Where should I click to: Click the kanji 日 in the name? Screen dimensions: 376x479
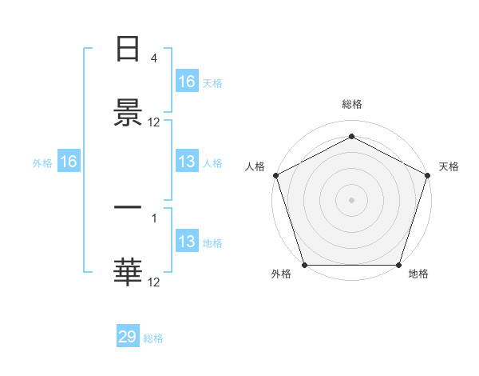point(128,50)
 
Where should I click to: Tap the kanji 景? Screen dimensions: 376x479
point(128,113)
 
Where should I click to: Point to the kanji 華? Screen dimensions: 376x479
point(128,272)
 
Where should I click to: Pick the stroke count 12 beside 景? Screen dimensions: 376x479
point(154,122)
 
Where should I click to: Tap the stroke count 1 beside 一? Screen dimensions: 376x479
point(154,217)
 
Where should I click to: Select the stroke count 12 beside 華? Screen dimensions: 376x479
point(154,282)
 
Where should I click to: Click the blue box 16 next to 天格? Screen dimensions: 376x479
point(187,82)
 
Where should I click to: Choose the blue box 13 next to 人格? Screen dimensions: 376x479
point(187,162)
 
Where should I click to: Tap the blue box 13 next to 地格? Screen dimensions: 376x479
point(187,242)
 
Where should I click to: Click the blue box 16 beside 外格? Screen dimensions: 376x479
point(69,162)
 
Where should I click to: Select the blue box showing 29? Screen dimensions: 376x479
point(128,337)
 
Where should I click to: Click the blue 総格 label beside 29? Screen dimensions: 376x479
point(153,338)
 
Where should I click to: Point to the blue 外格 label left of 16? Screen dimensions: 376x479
point(42,163)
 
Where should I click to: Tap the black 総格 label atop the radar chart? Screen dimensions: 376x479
point(351,105)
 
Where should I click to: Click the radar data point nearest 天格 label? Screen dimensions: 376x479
point(427,175)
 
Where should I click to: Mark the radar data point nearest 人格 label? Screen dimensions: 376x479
point(275,175)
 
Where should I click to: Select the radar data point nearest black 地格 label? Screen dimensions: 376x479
point(398,265)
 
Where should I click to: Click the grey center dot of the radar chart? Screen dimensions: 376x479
point(351,199)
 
